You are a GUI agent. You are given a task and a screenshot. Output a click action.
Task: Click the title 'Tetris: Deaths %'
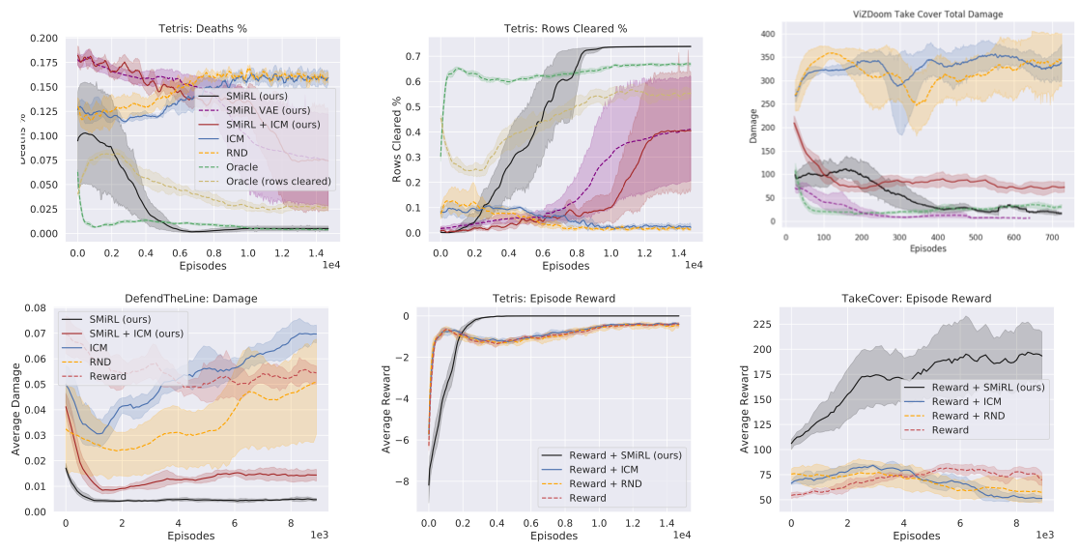(202, 28)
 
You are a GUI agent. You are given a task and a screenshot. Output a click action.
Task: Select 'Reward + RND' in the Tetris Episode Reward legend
(609, 483)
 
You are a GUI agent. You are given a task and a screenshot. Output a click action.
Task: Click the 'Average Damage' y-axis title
(14, 410)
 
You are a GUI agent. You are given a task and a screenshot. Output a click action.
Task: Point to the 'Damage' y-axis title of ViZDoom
(752, 131)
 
